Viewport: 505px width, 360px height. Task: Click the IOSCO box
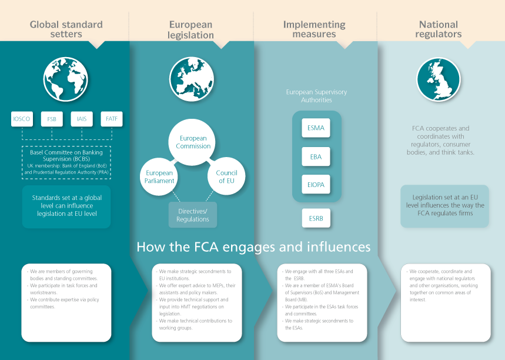22,119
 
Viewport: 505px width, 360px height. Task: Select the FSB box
52,119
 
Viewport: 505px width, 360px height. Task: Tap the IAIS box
82,119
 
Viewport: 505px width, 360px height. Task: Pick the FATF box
111,119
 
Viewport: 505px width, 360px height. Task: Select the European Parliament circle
159,176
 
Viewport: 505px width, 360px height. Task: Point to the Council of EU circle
226,176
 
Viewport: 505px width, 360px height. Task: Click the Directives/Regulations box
193,215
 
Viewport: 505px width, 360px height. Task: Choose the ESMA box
316,128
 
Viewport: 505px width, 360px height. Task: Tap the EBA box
316,156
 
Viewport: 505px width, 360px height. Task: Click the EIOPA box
316,185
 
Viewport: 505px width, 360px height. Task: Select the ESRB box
316,218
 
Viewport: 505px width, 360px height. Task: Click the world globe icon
65,80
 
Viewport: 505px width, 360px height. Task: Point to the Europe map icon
192,80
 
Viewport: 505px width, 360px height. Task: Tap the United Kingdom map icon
438,80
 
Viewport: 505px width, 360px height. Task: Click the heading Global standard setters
66,29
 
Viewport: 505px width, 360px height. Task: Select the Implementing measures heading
314,29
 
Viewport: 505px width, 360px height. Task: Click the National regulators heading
438,29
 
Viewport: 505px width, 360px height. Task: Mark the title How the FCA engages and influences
253,246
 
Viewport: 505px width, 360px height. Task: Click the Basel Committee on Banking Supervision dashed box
66,162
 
